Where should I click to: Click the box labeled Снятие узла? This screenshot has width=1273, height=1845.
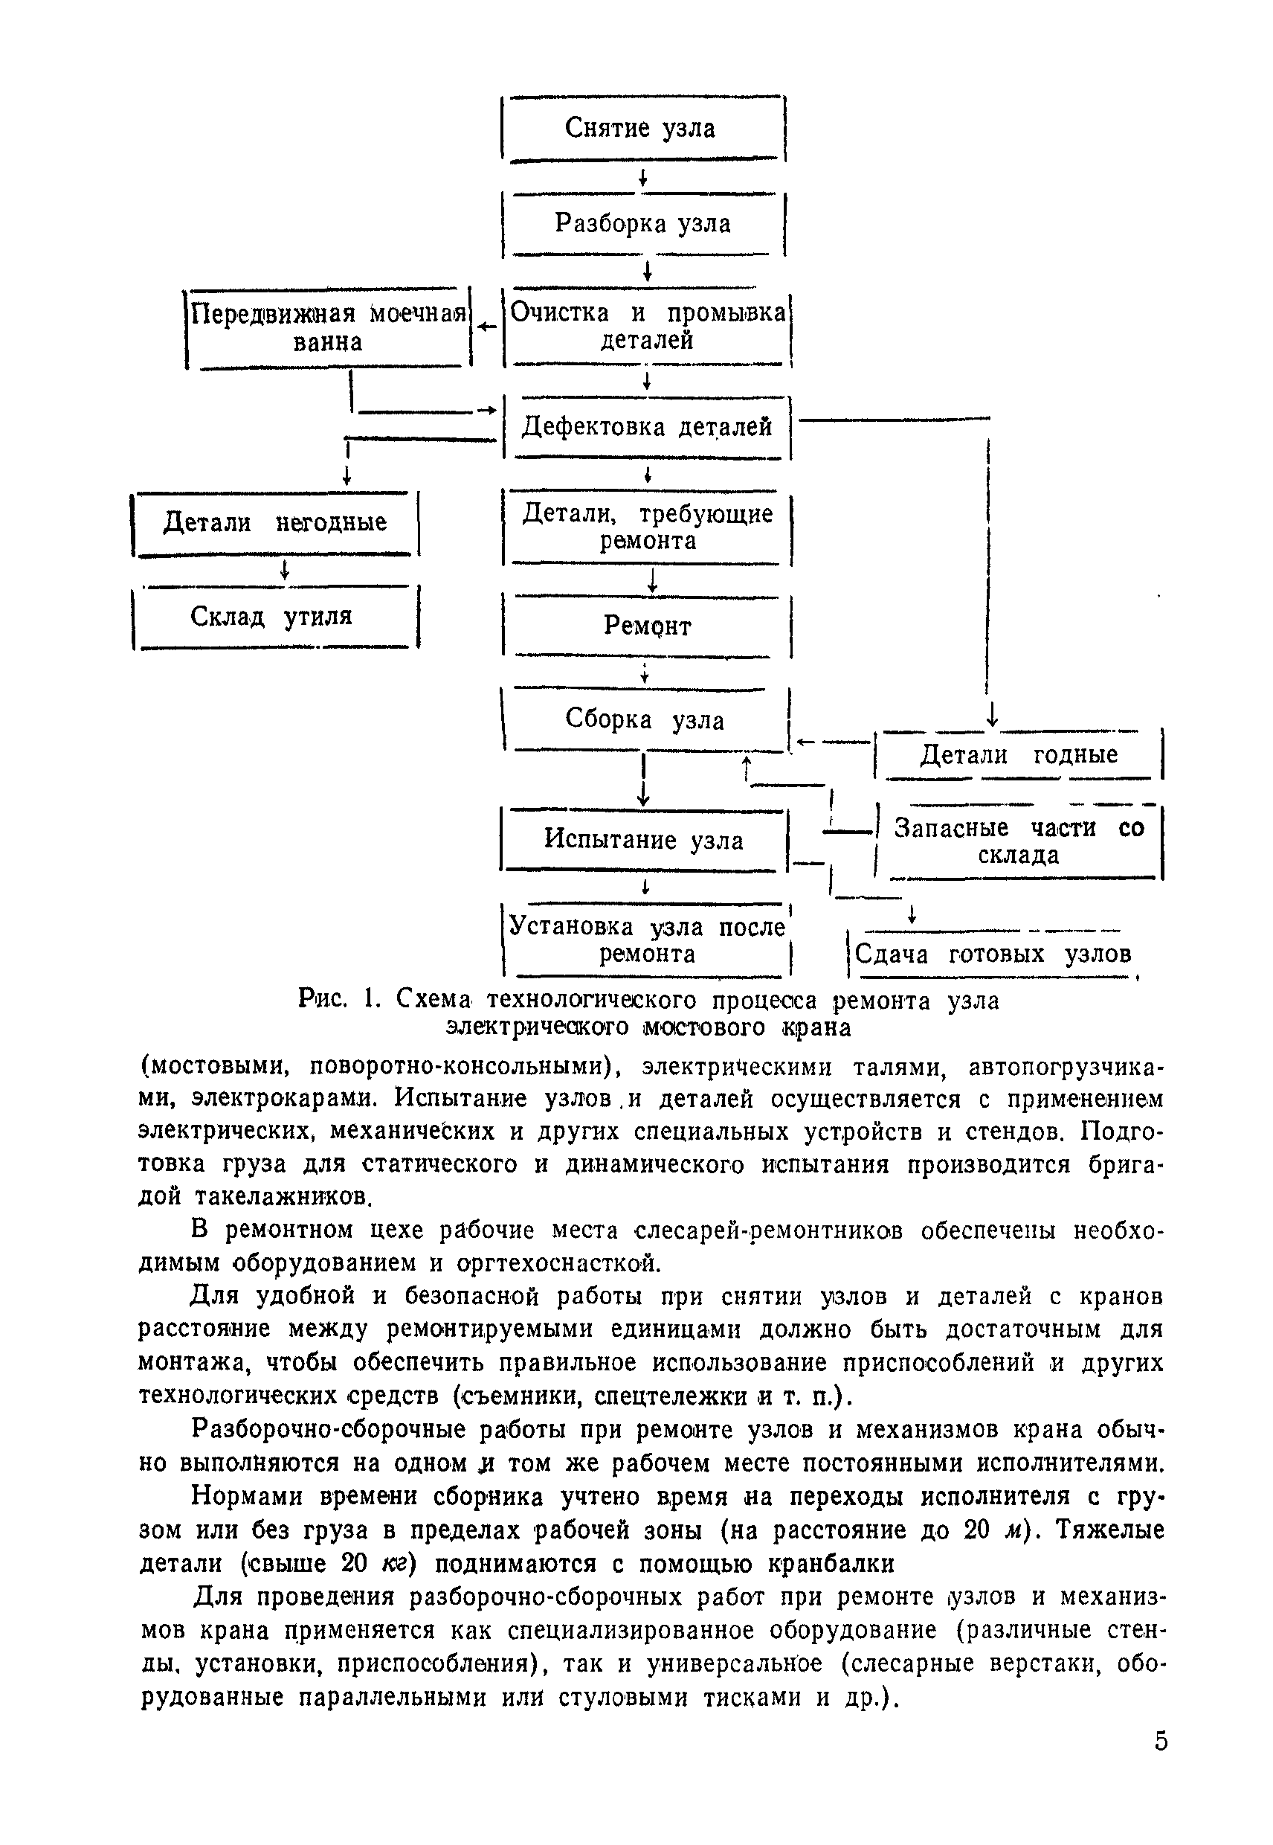pos(642,129)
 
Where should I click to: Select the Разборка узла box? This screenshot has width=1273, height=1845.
pos(643,224)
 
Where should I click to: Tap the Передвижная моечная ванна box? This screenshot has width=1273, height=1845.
pos(328,328)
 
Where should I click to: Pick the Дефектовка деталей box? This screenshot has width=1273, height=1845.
pos(647,428)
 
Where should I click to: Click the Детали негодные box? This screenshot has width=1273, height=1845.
pos(275,524)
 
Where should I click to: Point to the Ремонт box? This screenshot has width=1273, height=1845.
pos(647,626)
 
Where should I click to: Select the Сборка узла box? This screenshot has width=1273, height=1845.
pos(645,720)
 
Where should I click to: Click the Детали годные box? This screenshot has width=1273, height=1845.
pos(1019,755)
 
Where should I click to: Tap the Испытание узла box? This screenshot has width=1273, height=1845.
pos(643,841)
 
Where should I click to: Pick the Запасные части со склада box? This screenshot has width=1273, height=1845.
pos(1019,842)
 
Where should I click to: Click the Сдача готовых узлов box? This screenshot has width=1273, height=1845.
pos(991,954)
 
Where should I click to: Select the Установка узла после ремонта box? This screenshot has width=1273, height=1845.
pos(647,941)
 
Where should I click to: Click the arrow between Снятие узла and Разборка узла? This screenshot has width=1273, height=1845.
pos(642,178)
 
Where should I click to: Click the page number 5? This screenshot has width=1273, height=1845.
pos(1161,1740)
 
